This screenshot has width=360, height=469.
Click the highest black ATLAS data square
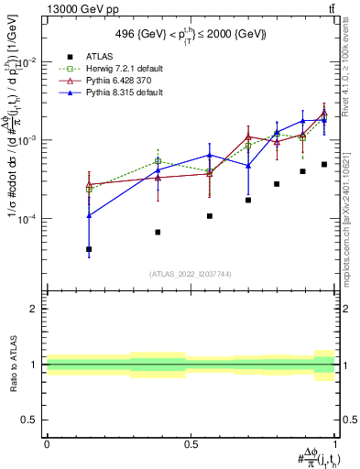click(324, 165)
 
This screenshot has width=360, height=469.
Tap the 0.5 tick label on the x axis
click(191, 443)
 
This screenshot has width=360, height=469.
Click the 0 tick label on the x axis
click(47, 443)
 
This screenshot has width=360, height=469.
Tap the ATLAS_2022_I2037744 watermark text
click(191, 274)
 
